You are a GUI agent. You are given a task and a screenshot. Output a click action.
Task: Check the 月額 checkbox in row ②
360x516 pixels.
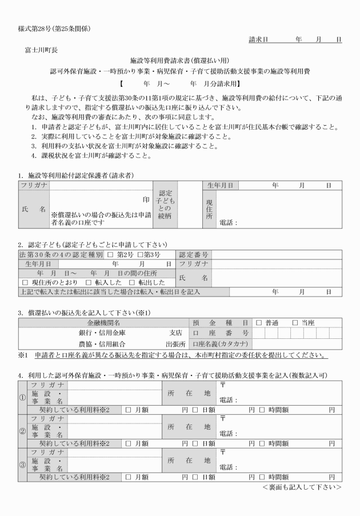pos(128,443)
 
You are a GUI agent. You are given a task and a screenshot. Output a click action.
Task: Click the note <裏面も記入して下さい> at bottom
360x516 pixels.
pos(302,487)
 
